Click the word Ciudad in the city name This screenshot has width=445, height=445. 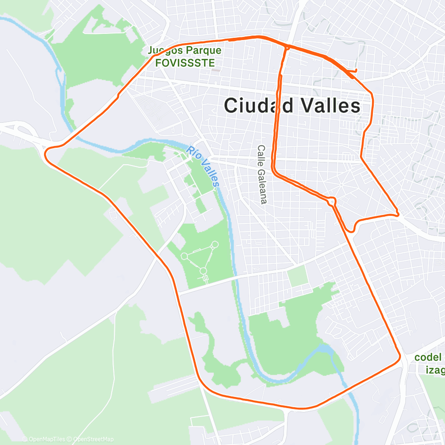[259, 106]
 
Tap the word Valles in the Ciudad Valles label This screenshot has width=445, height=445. [331, 106]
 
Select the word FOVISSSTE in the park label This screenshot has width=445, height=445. [185, 62]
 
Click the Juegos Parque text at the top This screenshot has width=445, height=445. [184, 51]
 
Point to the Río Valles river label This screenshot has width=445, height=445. [203, 166]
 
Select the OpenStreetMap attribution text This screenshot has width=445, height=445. [93, 439]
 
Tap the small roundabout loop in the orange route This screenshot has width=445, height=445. [332, 201]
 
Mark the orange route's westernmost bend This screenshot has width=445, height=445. [46, 151]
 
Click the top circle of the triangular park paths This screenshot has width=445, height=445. [215, 244]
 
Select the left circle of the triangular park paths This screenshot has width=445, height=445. [184, 256]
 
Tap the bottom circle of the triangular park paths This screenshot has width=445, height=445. [203, 271]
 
